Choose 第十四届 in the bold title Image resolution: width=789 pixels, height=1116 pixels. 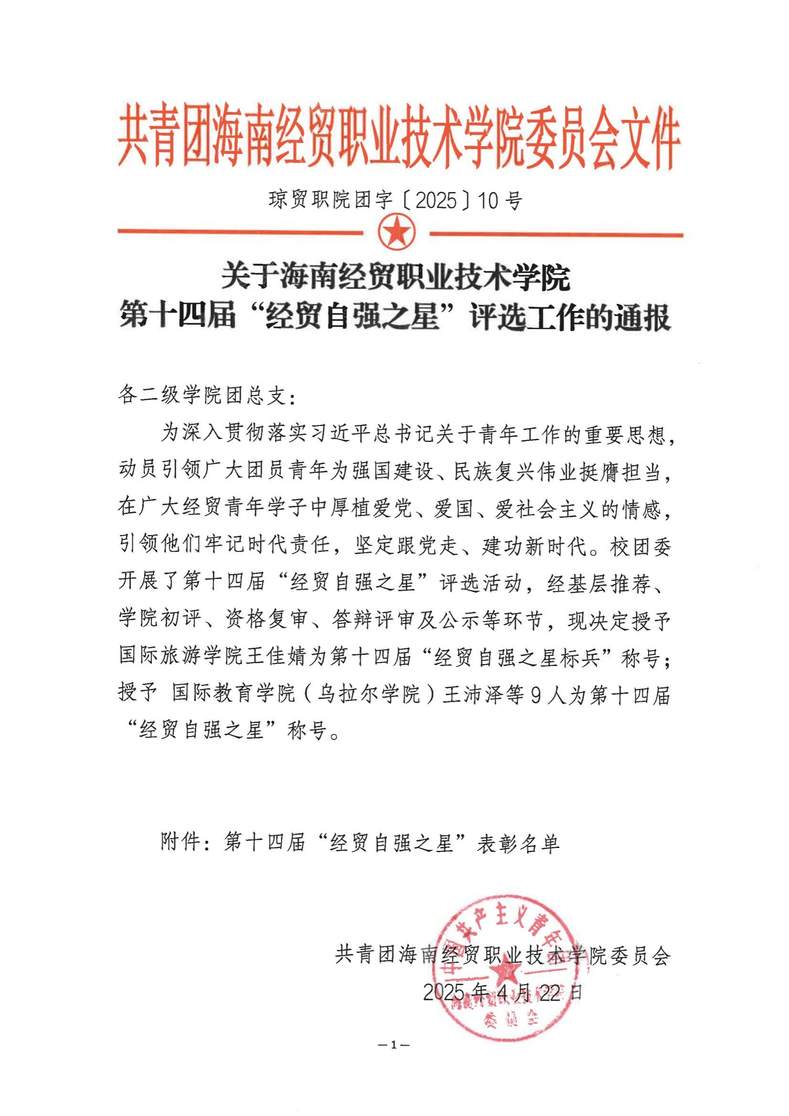coord(178,318)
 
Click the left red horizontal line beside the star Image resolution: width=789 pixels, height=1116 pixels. coord(240,232)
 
